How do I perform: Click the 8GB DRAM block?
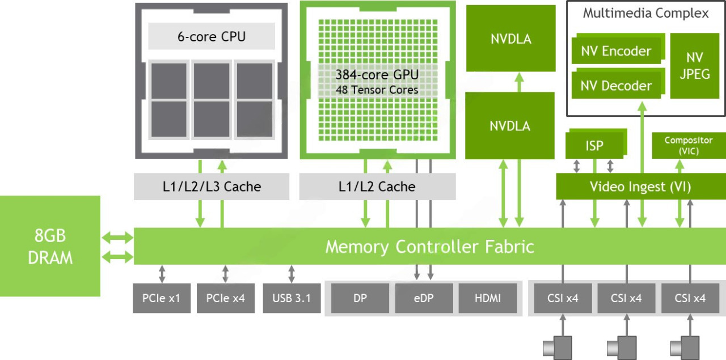pyautogui.click(x=50, y=246)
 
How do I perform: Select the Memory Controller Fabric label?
pyautogui.click(x=429, y=247)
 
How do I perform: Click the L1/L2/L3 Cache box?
pyautogui.click(x=212, y=187)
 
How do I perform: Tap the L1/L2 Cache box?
pyautogui.click(x=377, y=187)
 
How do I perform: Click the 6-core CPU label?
pyautogui.click(x=212, y=37)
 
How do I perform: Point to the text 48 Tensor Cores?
pyautogui.click(x=377, y=90)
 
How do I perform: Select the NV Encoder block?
pyautogui.click(x=616, y=52)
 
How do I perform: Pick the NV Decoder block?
pyautogui.click(x=616, y=86)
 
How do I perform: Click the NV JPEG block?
pyautogui.click(x=694, y=66)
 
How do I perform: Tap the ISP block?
pyautogui.click(x=594, y=146)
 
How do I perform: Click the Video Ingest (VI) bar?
pyautogui.click(x=640, y=187)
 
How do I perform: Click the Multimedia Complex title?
pyautogui.click(x=645, y=14)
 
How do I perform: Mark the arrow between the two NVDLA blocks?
pyautogui.click(x=518, y=82)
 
